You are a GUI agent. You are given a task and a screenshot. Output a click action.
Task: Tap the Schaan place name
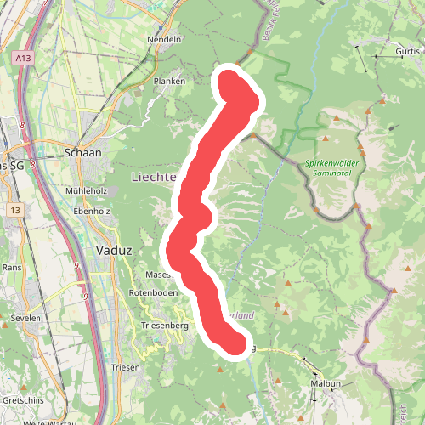point(82,153)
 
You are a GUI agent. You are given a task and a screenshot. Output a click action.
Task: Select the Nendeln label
point(165,40)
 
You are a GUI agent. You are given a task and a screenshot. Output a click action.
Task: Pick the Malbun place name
point(325,384)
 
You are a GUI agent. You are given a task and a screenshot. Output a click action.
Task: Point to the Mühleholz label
point(85,191)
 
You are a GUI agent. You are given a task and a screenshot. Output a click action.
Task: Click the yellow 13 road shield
point(15,209)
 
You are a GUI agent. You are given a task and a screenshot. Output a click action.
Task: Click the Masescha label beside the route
point(160,275)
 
